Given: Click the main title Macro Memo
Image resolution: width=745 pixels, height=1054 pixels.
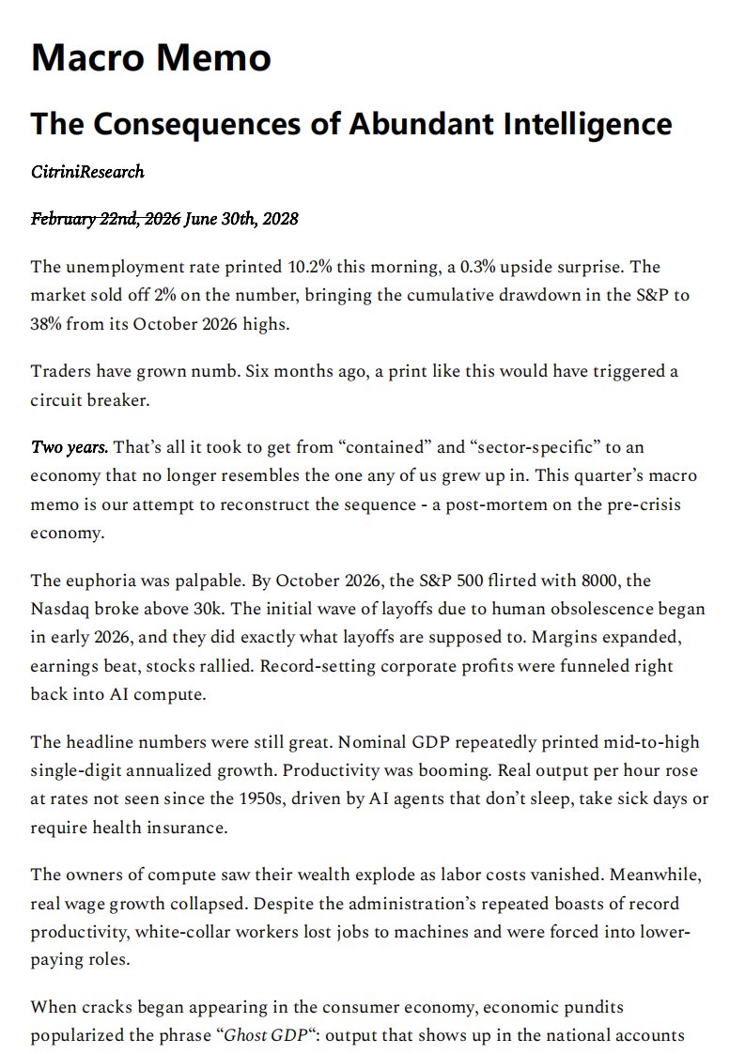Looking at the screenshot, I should click(151, 58).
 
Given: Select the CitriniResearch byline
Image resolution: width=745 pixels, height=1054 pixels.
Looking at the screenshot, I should click(87, 172).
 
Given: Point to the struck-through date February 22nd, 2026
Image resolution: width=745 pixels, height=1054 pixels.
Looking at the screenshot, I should click(105, 220).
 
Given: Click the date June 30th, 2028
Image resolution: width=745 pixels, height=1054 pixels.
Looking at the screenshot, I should click(241, 220).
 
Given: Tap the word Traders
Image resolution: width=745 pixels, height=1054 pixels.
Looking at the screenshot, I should click(60, 371).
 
